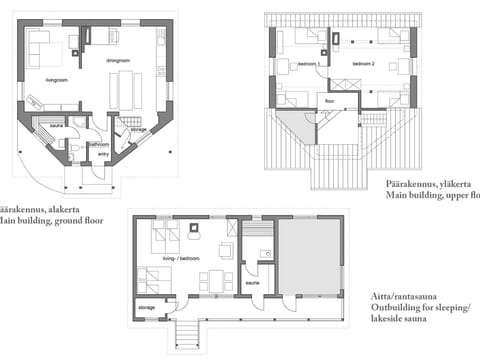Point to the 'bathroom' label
click(98, 144)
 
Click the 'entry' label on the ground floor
click(103, 154)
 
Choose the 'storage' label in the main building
click(139, 130)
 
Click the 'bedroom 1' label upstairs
click(309, 63)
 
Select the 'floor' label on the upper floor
click(330, 101)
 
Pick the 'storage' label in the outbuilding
click(146, 306)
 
